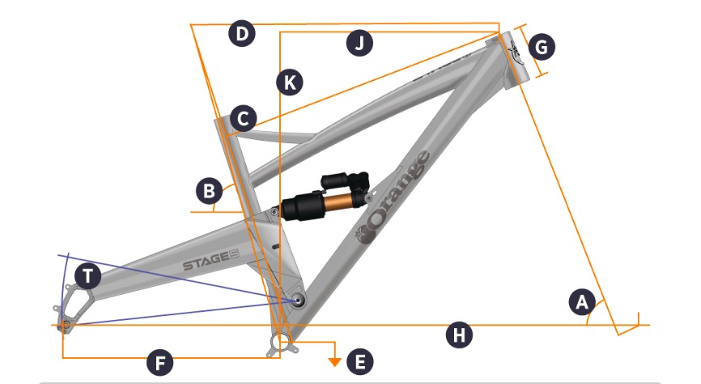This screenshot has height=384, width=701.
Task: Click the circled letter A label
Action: click(582, 302)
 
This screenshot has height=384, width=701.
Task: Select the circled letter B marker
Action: click(209, 191)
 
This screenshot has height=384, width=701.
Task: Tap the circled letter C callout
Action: click(243, 119)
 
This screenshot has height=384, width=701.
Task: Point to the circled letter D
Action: click(242, 34)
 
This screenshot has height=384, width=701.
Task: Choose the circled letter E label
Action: click(360, 361)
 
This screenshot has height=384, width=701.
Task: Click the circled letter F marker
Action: click(160, 362)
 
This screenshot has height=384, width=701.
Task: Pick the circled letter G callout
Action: click(542, 47)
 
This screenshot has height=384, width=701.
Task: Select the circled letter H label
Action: click(460, 335)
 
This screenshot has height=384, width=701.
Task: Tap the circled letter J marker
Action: click(359, 44)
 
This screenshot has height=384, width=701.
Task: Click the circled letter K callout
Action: click(290, 82)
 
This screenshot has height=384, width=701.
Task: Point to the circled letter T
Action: click(87, 276)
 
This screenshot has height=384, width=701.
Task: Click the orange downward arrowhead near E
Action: click(335, 362)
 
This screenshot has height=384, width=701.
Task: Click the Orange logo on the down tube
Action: click(393, 199)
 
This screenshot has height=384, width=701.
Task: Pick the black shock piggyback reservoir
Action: click(345, 179)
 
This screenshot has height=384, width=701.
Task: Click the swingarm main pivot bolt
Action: click(297, 301)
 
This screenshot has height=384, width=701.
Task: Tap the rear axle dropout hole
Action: click(66, 325)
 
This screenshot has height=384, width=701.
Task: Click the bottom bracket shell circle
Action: click(280, 343)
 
